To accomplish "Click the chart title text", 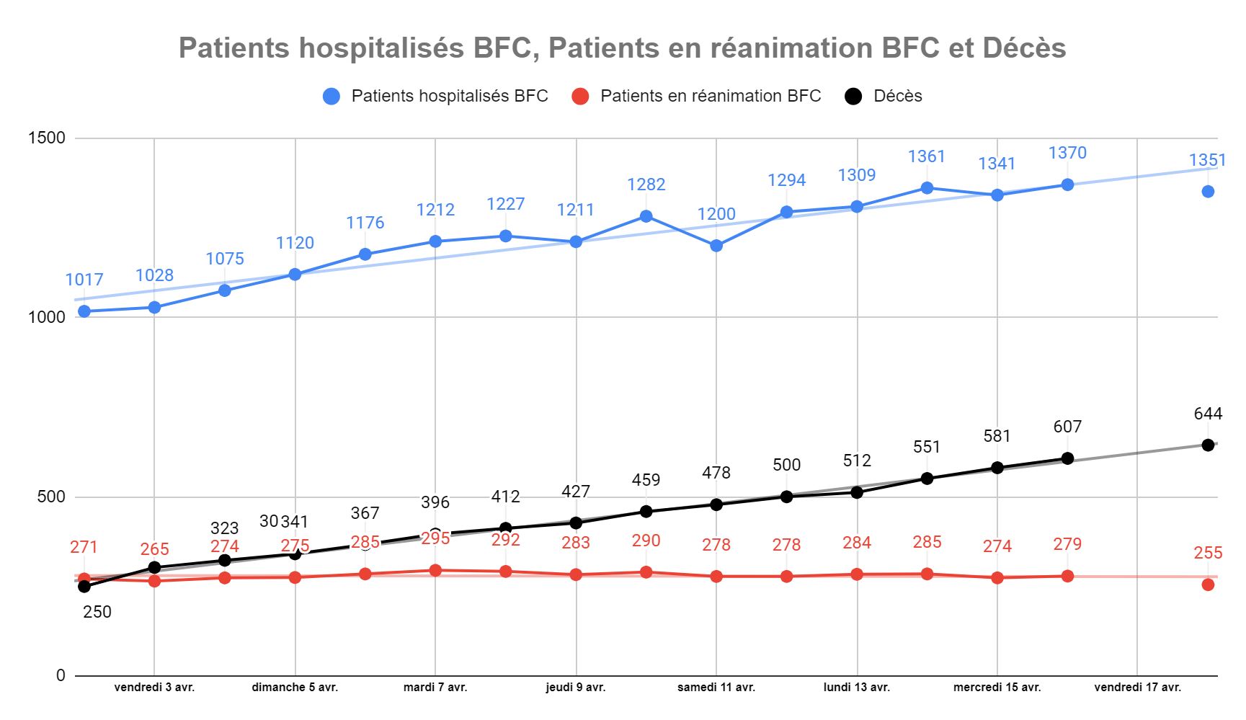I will coord(622,48).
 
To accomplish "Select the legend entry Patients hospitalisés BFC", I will coord(449,96).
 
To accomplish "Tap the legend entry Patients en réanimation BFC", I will coord(710,96).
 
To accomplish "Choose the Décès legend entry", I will coord(897,96).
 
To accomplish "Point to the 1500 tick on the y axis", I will coord(46,138).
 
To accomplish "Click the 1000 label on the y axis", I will coord(46,317).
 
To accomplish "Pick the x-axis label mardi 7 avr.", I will coord(435,688).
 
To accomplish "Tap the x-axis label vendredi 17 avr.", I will coord(1137,688).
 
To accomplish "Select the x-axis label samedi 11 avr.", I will coord(716,688).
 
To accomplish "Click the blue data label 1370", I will coord(1067,153).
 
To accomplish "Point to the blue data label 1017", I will coord(84,280).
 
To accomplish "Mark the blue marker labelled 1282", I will coord(646,216).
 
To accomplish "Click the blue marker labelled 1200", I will coord(716,246).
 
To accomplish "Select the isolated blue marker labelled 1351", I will coord(1208,192).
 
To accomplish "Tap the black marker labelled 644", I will coord(1208,445).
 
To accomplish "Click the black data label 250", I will coord(97,612).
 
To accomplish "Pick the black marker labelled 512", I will coord(857,492).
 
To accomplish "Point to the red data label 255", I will coord(1208,553).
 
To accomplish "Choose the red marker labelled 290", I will coord(646,572).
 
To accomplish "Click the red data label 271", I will coord(84,547).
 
